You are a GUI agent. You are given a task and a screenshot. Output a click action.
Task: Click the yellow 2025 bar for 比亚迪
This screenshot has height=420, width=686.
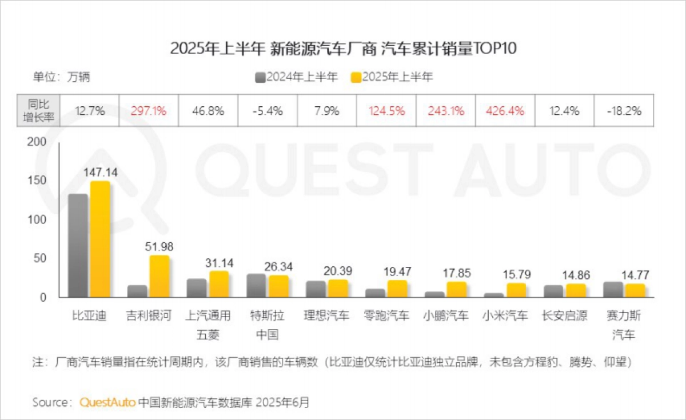click(x=99, y=240)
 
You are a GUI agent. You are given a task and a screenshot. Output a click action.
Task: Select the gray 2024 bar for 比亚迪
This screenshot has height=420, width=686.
click(x=78, y=246)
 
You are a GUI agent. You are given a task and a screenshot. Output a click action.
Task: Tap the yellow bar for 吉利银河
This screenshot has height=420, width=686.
click(x=159, y=277)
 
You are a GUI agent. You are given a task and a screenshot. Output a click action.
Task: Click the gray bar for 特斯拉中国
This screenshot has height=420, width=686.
click(x=256, y=286)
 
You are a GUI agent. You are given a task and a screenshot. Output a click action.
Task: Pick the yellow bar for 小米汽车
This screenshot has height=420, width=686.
click(x=516, y=290)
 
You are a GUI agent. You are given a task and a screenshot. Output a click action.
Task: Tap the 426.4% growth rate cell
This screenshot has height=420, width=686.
click(x=505, y=111)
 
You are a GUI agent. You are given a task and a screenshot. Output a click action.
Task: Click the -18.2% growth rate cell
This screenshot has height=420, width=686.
click(x=624, y=111)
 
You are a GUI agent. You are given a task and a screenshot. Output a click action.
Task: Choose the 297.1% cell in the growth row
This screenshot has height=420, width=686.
click(x=149, y=111)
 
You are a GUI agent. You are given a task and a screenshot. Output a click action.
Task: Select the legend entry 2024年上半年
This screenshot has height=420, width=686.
click(x=296, y=77)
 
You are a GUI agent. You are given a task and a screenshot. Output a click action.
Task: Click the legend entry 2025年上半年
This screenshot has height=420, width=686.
click(x=392, y=77)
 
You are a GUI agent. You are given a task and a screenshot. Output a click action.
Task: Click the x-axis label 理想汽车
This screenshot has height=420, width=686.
click(x=327, y=315)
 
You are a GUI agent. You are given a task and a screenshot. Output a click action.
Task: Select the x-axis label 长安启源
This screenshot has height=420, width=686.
click(x=564, y=315)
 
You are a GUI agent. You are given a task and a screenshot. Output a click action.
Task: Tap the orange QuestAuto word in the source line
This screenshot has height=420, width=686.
click(x=107, y=402)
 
